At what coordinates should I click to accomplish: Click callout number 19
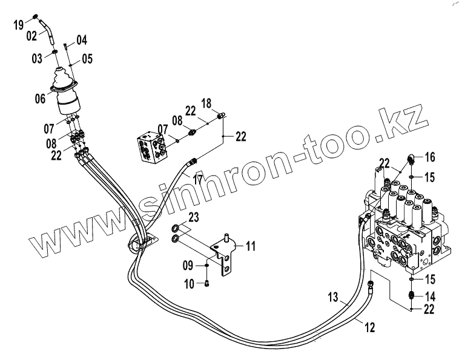pos(19,24)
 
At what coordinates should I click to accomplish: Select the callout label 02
pos(32,36)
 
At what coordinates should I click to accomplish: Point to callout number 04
pos(82,41)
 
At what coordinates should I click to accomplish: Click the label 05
pos(87,59)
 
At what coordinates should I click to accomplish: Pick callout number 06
pos(41,98)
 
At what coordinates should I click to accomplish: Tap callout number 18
pos(206,103)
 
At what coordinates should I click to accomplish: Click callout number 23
pos(193,217)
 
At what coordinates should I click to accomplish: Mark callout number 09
pos(189,265)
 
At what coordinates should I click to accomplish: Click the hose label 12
pos(369,327)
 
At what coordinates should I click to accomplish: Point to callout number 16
pos(429,157)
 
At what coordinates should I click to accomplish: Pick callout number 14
pos(429,296)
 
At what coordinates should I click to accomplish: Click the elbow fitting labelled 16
pos(411,159)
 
